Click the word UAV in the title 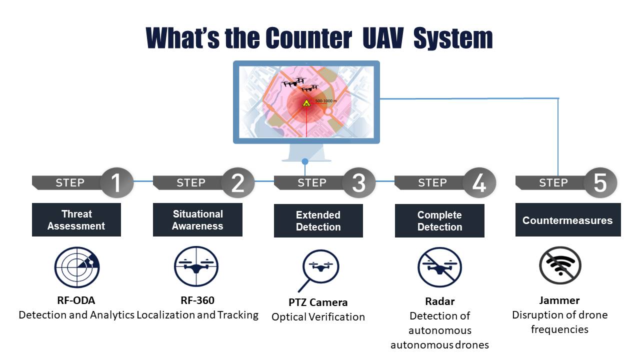tap(382, 37)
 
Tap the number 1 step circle tap(116, 182)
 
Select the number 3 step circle tap(358, 182)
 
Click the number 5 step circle tap(600, 182)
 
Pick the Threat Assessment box tap(76, 220)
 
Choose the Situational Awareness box tap(197, 220)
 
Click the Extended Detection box tap(318, 221)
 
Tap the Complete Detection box tap(439, 221)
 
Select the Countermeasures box tap(568, 220)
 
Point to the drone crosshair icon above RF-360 tap(196, 265)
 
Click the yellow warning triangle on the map tap(306, 103)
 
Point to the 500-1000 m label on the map tap(325, 101)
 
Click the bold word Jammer tap(559, 300)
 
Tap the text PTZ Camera tap(318, 302)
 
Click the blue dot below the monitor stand tap(304, 161)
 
